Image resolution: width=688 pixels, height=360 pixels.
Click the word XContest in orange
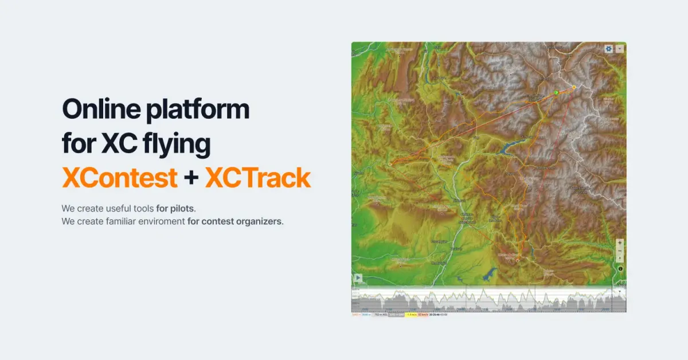click(x=119, y=178)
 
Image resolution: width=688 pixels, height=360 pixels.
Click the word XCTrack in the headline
click(x=257, y=178)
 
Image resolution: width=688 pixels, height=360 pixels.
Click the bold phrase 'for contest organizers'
click(x=235, y=221)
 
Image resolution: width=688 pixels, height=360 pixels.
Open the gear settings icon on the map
click(x=608, y=49)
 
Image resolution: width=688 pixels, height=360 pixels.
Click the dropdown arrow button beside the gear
click(x=619, y=49)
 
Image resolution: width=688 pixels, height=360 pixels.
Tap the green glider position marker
click(x=556, y=92)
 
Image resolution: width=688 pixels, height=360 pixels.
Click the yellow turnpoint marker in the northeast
click(x=573, y=87)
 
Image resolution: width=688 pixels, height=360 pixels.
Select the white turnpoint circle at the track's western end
click(x=391, y=163)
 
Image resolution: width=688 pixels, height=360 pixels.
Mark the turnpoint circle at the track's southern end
click(x=517, y=260)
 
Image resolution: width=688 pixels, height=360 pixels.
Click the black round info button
click(x=620, y=268)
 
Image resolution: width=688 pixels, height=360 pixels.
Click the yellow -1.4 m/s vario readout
click(x=411, y=315)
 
